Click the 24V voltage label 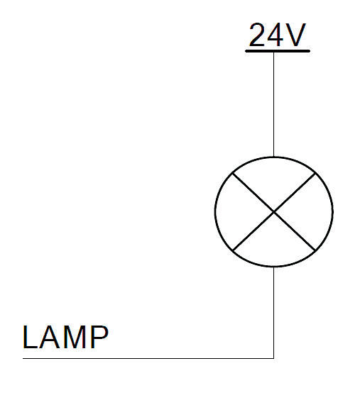pos(277,35)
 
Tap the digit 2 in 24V pos(257,35)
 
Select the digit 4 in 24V pos(276,35)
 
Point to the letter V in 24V pos(295,35)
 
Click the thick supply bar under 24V pos(278,51)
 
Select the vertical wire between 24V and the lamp pos(274,104)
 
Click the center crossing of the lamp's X pos(274,212)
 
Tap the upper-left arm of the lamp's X pos(253,192)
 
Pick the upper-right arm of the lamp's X pos(295,192)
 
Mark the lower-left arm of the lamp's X pos(253,231)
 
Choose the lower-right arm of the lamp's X pos(295,231)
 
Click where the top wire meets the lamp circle pos(274,157)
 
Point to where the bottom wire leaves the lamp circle pos(274,267)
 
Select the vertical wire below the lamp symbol pos(274,313)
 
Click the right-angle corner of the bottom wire pos(274,358)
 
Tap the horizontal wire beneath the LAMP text pos(148,358)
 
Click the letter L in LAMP pos(31,337)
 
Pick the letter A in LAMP pos(49,337)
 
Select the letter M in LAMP pos(74,337)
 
